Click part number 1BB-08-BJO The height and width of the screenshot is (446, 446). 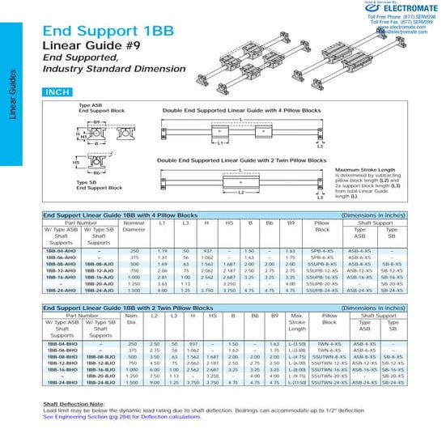pyautogui.click(x=99, y=358)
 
